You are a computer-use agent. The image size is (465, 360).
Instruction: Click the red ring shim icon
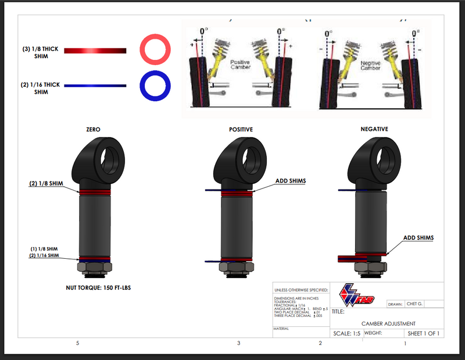pos(155,50)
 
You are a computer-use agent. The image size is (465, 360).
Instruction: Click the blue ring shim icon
pos(155,85)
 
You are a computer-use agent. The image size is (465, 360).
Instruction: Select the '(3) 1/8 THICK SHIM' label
pos(39,53)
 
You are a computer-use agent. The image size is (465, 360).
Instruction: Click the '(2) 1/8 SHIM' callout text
pos(46,184)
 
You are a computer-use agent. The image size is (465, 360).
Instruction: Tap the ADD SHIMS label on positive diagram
pos(290,181)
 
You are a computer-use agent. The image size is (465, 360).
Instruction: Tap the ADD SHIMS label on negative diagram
pos(419,238)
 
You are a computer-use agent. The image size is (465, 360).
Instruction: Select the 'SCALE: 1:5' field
pos(346,334)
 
